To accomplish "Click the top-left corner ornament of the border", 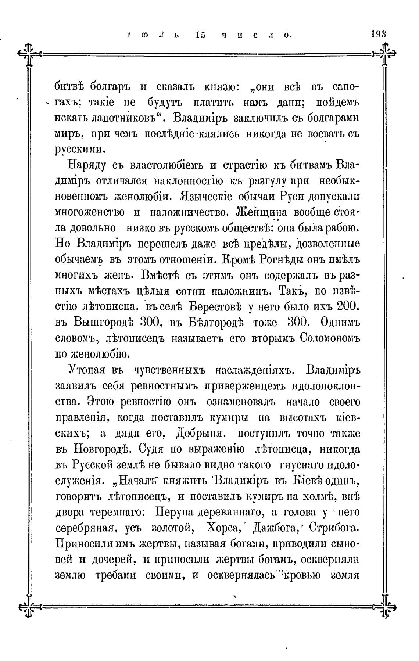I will pos(29,54).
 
